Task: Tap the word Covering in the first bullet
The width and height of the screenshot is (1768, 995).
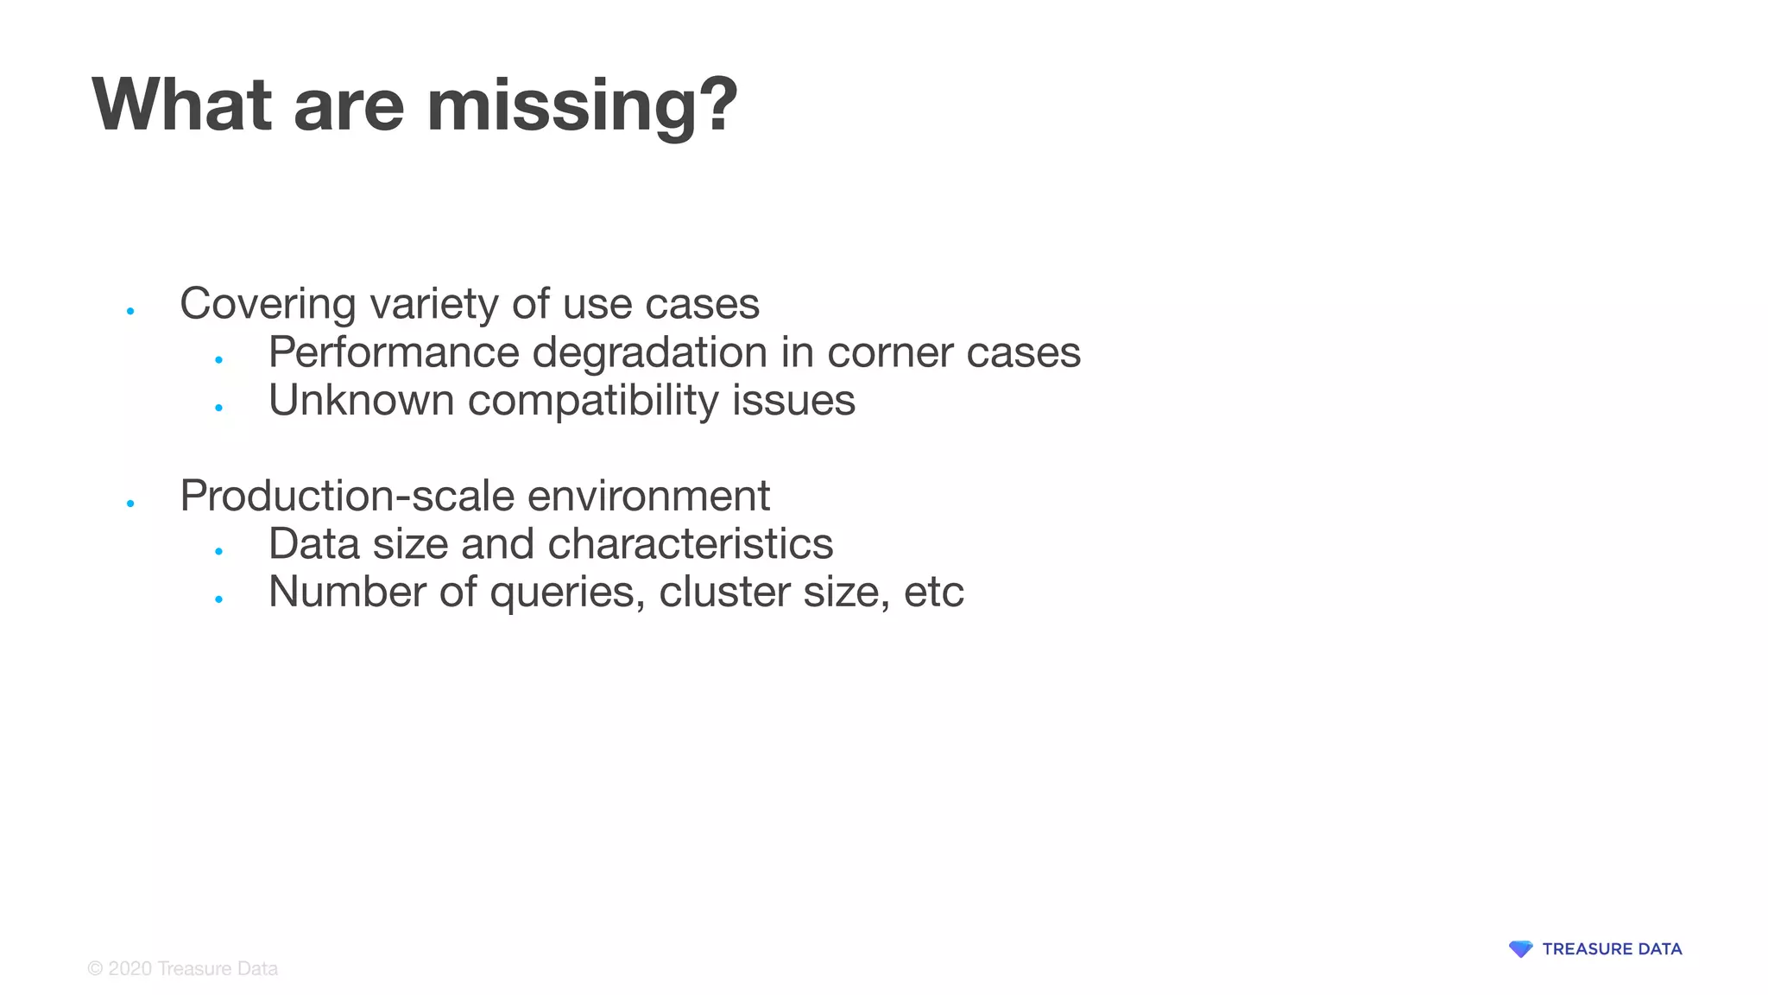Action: [x=268, y=303]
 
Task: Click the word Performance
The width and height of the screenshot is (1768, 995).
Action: [x=394, y=352]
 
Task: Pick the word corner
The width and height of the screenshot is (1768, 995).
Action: [x=890, y=352]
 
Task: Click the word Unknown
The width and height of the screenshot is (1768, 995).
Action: [x=361, y=400]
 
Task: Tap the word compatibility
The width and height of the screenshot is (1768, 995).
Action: [x=593, y=401]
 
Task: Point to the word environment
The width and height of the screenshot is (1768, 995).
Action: [x=648, y=496]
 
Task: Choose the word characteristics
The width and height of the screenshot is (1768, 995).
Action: [x=691, y=544]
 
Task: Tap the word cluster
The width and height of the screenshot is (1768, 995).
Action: [x=723, y=592]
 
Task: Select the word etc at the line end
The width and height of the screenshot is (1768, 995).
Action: [x=933, y=593]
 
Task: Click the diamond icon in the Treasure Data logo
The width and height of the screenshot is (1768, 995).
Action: [x=1520, y=949]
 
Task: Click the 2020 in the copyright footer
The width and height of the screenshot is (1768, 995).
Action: [x=129, y=969]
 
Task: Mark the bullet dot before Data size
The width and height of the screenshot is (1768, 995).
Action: [x=219, y=551]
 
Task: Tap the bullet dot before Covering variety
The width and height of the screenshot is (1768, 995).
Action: [x=130, y=311]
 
